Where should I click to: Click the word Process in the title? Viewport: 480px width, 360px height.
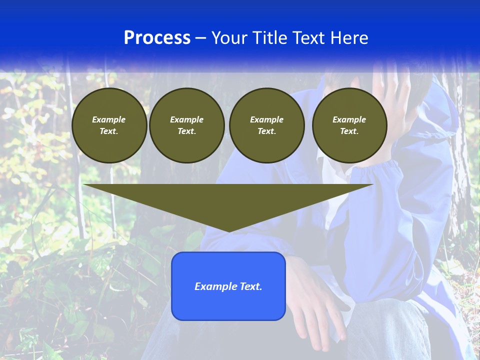tap(157, 38)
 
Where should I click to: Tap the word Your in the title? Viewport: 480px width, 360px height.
tap(229, 38)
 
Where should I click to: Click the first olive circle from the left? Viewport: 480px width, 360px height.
tap(109, 125)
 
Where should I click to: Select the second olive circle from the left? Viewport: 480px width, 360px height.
tap(187, 125)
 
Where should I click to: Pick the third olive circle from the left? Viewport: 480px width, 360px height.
tap(267, 125)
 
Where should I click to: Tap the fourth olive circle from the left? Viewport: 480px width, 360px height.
tap(349, 125)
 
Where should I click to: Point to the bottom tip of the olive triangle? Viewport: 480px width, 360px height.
tap(228, 230)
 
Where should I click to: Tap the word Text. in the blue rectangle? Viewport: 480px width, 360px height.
tap(251, 286)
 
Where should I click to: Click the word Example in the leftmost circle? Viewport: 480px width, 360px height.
tap(109, 119)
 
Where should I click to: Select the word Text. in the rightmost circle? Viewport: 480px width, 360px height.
tap(349, 131)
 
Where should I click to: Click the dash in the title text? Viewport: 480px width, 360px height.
tap(200, 38)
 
